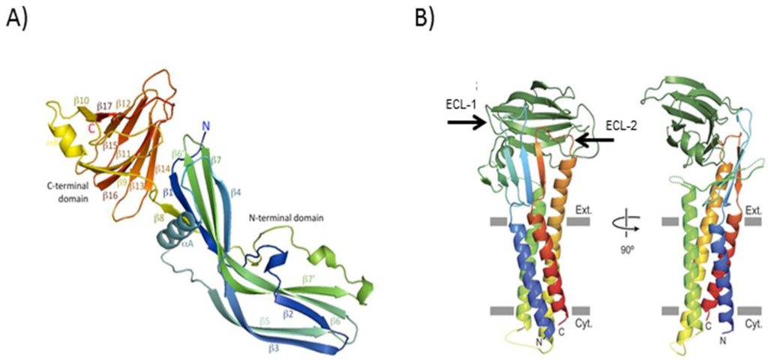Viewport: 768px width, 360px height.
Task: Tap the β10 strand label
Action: pyautogui.click(x=82, y=99)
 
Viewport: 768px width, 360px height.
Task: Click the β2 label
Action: pyautogui.click(x=286, y=314)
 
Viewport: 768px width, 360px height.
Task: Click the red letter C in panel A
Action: pyautogui.click(x=91, y=128)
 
